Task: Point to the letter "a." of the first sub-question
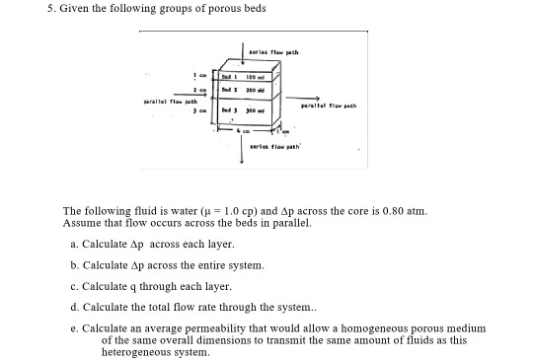(x=74, y=243)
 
